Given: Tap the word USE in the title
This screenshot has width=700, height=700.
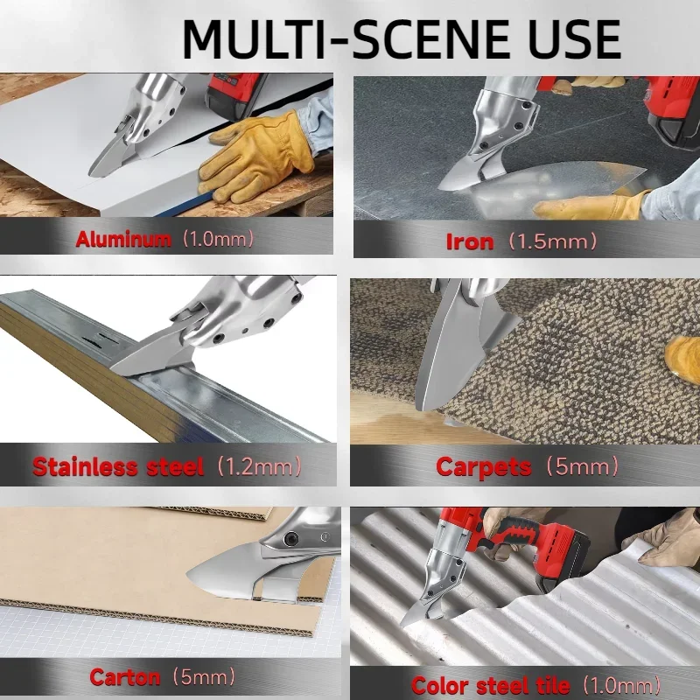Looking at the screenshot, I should (x=560, y=38).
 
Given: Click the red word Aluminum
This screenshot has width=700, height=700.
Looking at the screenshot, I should (x=123, y=239).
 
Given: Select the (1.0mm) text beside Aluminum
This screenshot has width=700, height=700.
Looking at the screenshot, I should (x=217, y=239).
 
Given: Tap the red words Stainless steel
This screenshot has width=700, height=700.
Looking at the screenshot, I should (x=117, y=466).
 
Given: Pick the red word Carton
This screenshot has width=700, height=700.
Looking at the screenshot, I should (x=125, y=676).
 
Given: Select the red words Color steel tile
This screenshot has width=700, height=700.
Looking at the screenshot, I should (x=491, y=685).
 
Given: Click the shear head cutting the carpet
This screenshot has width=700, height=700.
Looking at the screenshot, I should (x=468, y=350).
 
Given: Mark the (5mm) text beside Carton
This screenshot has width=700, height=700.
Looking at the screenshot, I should (x=203, y=676).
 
